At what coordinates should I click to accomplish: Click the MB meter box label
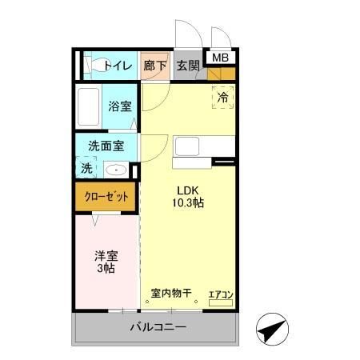click(x=219, y=57)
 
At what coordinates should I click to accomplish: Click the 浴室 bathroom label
click(x=120, y=106)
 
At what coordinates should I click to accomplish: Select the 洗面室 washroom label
click(x=106, y=147)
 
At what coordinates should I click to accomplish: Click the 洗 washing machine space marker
click(x=86, y=169)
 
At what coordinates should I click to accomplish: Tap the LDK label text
click(x=188, y=190)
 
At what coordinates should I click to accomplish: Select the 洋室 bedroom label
click(x=106, y=256)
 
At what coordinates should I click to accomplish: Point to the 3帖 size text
click(x=106, y=270)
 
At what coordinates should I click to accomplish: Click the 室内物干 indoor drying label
click(x=171, y=294)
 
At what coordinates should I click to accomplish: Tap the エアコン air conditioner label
click(x=221, y=294)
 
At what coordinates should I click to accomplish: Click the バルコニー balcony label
click(x=158, y=328)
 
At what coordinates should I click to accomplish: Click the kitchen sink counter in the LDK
click(x=205, y=147)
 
